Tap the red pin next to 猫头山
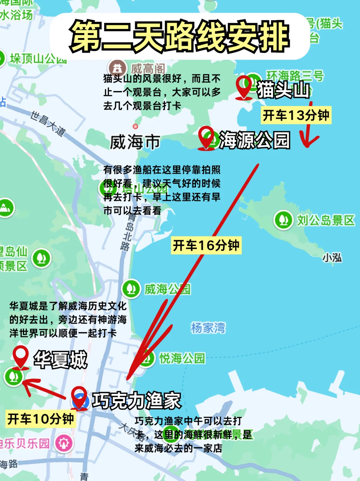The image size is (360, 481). pyautogui.click(x=244, y=86)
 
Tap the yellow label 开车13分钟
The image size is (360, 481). pyautogui.click(x=296, y=116)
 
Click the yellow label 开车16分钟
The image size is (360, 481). pyautogui.click(x=206, y=246)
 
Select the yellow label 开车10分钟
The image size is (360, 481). pyautogui.click(x=41, y=419)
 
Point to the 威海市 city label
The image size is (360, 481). pyautogui.click(x=135, y=142)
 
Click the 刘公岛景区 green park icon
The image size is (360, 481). pyautogui.click(x=283, y=220)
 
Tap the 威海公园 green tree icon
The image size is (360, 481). pyautogui.click(x=131, y=289)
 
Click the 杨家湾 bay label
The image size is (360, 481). pyautogui.click(x=208, y=328)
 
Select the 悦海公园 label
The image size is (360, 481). pyautogui.click(x=182, y=359)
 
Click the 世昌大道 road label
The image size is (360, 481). pyautogui.click(x=48, y=123)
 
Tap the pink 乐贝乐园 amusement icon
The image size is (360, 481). pyautogui.click(x=64, y=443)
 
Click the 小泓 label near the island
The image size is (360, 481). pyautogui.click(x=332, y=258)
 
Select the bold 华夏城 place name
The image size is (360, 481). pyautogui.click(x=60, y=359)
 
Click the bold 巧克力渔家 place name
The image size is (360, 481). pyautogui.click(x=136, y=400)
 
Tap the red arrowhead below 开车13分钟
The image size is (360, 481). pyautogui.click(x=309, y=142)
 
